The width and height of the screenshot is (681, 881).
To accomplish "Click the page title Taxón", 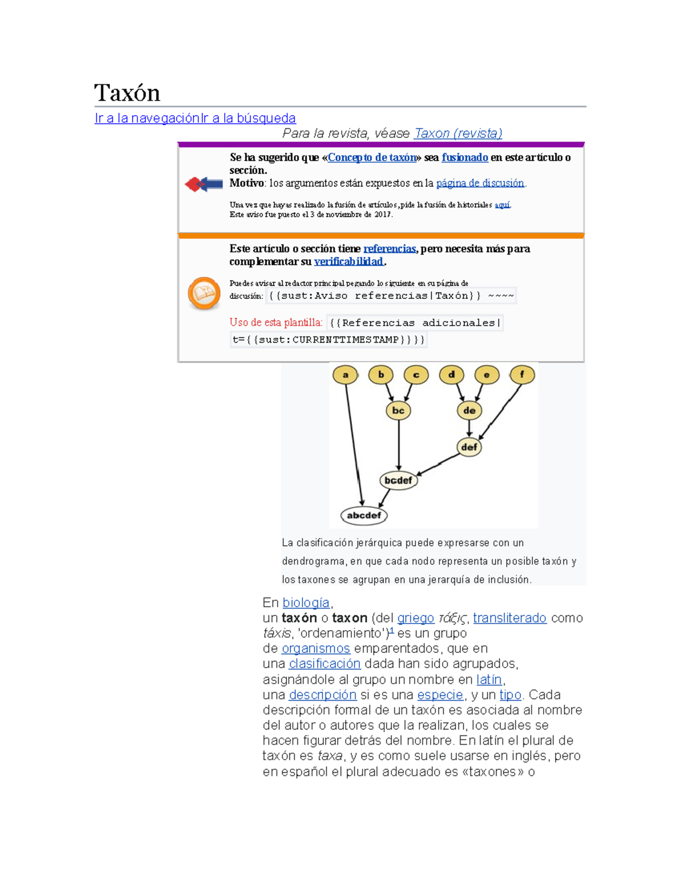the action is (x=127, y=93).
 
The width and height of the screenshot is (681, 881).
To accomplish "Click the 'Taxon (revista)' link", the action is (x=458, y=133).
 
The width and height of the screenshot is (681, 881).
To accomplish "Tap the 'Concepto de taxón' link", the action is (x=372, y=157).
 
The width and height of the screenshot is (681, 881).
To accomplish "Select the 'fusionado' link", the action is (x=465, y=157).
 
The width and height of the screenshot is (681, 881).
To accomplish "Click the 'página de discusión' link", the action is (x=480, y=183).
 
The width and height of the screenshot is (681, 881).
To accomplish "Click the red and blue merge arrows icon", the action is (x=204, y=184).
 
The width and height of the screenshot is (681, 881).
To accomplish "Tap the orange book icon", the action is (x=204, y=293).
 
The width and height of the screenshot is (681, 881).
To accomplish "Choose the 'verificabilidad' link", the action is (x=349, y=262).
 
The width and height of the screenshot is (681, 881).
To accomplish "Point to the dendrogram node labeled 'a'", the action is (x=345, y=375).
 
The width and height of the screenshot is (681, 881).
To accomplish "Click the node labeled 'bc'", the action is (x=398, y=411).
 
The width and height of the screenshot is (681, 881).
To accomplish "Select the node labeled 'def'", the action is (x=469, y=447).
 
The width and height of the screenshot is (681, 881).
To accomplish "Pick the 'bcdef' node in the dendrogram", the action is (x=399, y=481).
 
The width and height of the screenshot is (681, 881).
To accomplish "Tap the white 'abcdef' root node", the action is (x=364, y=516).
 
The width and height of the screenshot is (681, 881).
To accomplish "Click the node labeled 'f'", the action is (x=522, y=375).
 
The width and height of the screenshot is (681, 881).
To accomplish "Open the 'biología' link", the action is (x=306, y=603).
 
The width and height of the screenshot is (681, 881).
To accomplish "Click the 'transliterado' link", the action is (x=510, y=618).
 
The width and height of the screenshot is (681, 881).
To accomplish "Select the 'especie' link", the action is (x=440, y=695).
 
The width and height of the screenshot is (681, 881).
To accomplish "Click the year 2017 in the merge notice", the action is (x=382, y=214).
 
